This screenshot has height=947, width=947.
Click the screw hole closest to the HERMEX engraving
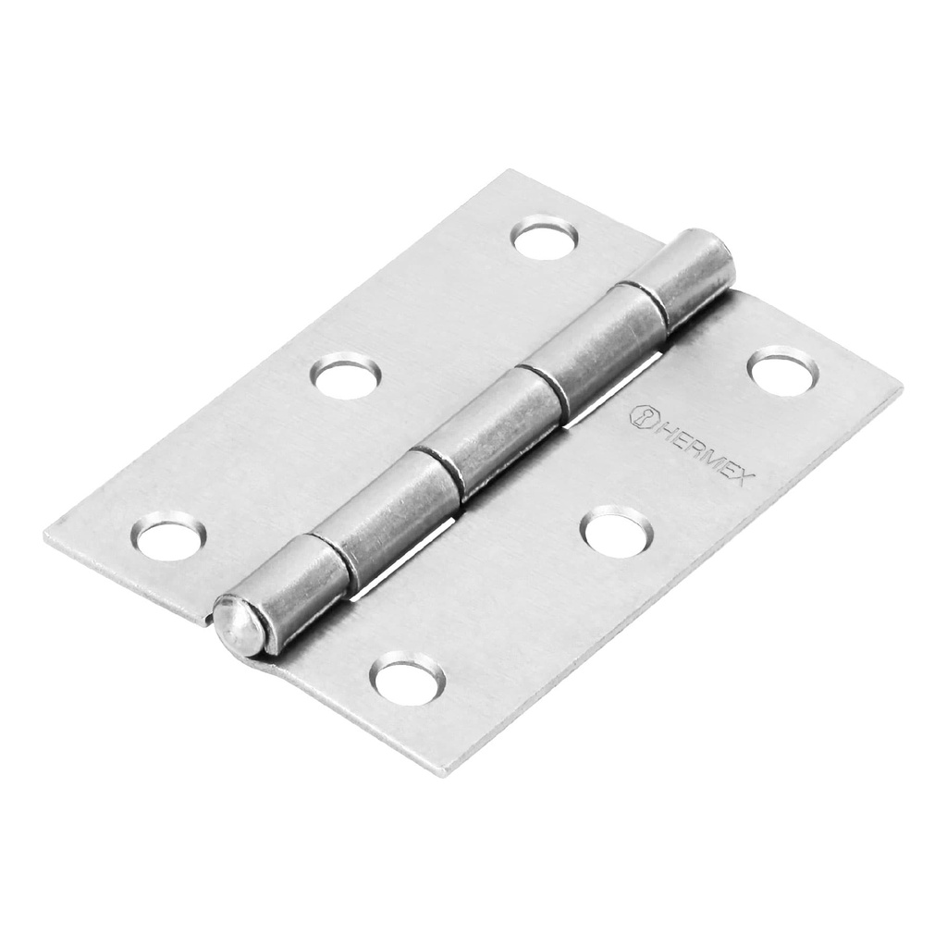(782, 371)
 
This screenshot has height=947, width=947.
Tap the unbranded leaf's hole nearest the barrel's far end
(545, 239)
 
